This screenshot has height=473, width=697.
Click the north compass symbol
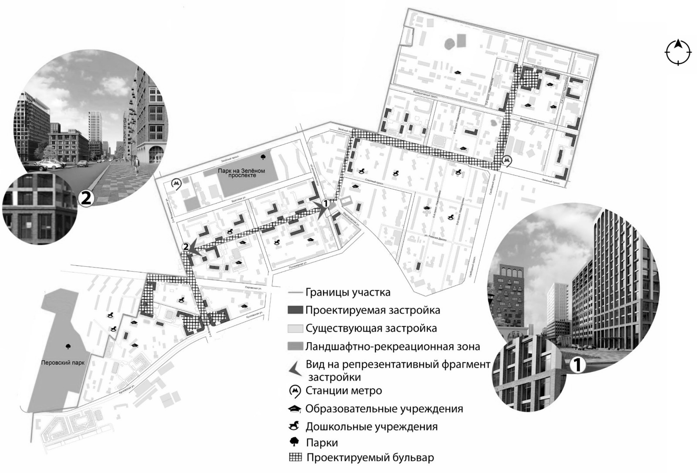[x=678, y=52]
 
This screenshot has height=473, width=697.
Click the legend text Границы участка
[x=348, y=293]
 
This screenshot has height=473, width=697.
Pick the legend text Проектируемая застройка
[x=372, y=310]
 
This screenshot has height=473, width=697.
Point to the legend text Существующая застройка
[x=371, y=328]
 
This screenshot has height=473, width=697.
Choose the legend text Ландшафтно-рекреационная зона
[x=392, y=347]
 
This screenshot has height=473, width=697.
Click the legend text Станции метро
[x=344, y=391]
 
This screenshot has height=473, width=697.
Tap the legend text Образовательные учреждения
[x=384, y=409]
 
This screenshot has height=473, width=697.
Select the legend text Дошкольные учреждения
[x=371, y=426]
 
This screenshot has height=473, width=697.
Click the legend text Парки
[x=321, y=442]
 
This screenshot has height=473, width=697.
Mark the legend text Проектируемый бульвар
[x=370, y=458]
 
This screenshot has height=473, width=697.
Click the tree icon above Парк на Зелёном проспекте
[x=263, y=157]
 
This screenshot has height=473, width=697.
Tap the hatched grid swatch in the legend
[x=295, y=458]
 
